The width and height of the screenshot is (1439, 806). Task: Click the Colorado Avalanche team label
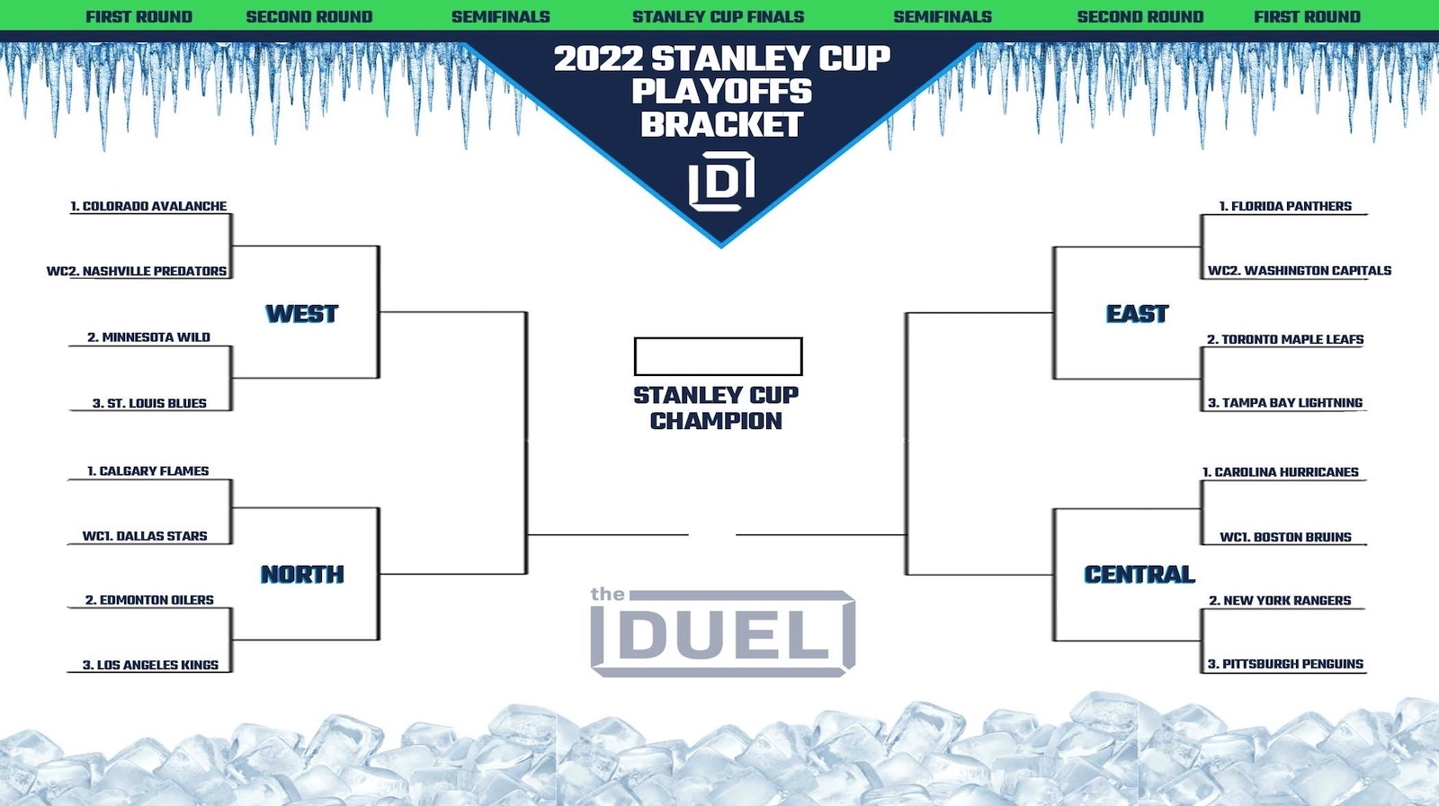click(x=148, y=206)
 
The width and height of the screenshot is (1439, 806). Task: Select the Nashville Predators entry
click(x=137, y=271)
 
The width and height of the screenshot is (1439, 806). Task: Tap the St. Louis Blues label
click(x=149, y=403)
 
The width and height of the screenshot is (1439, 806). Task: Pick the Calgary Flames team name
click(x=147, y=470)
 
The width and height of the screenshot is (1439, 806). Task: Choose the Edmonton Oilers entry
click(x=149, y=600)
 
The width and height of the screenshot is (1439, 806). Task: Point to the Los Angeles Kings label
click(x=150, y=665)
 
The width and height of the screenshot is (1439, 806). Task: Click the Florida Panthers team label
click(x=1285, y=206)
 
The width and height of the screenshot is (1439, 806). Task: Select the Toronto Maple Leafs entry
click(x=1285, y=339)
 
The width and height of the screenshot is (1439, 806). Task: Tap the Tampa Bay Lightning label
click(x=1284, y=403)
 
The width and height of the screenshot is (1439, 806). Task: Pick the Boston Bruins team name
click(x=1285, y=537)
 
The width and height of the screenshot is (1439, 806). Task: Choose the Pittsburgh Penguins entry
click(x=1285, y=664)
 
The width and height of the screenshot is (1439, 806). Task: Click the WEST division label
click(x=302, y=314)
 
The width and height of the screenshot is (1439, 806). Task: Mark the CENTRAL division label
click(x=1140, y=574)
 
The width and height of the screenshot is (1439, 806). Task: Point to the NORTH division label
click(x=302, y=574)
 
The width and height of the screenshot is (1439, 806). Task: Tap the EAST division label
click(x=1137, y=314)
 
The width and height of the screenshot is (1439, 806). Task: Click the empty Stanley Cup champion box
click(x=718, y=356)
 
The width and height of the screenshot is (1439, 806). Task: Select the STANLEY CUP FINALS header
click(x=718, y=16)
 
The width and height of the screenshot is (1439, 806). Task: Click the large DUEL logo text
click(x=723, y=636)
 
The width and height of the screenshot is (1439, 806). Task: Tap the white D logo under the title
click(x=721, y=182)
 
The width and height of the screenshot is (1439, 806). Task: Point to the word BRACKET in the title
click(x=721, y=125)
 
